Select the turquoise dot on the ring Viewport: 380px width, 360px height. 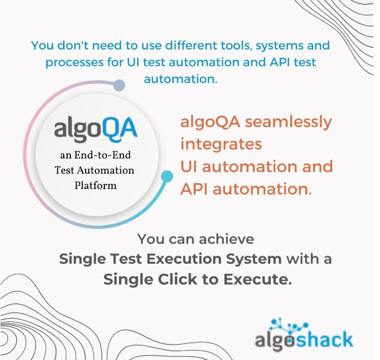click(x=167, y=176)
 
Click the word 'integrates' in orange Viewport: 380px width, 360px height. click(x=221, y=144)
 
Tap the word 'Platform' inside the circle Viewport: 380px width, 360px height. click(x=95, y=186)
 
